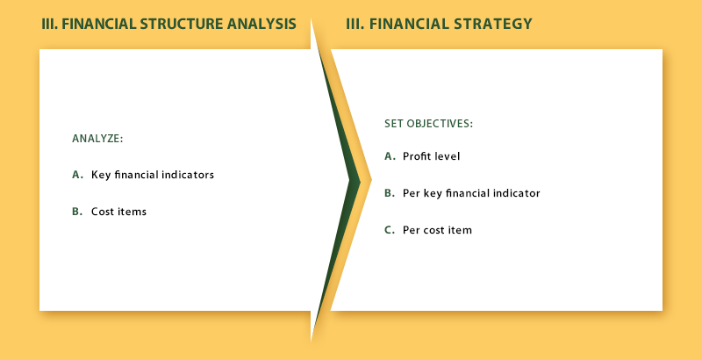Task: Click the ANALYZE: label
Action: (97, 139)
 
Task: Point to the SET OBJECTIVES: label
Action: (428, 124)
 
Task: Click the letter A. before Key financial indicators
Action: (78, 175)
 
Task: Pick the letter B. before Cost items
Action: (77, 212)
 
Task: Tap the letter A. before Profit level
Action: (390, 156)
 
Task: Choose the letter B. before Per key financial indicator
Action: (390, 193)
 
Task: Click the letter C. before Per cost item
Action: (390, 230)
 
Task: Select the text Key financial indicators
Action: (153, 175)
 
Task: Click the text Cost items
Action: (118, 212)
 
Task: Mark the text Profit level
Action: (431, 156)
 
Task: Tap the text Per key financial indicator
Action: (471, 193)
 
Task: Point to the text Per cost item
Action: (437, 230)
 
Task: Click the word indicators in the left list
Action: (188, 175)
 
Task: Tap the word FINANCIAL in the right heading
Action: (410, 24)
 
